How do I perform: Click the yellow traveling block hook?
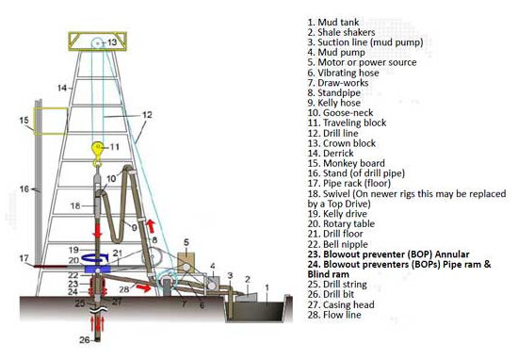(97, 153)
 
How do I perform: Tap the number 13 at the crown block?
(112, 42)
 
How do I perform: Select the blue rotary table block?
(97, 270)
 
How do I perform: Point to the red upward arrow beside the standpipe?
(151, 226)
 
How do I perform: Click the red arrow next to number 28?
(143, 288)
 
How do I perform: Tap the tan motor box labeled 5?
(186, 263)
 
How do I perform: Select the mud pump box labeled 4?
(211, 283)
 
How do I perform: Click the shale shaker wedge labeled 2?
(246, 297)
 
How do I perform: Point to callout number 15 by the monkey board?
(24, 120)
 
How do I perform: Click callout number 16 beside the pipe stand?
(24, 188)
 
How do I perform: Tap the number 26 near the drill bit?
(85, 339)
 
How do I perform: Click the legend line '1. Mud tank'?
(333, 23)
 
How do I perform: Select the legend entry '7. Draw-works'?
(337, 83)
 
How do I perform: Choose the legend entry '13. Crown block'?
(342, 143)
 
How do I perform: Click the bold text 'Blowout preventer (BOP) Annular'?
(397, 254)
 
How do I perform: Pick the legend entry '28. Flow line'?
(334, 315)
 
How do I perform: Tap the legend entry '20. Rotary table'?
(341, 223)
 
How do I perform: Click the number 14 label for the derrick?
(62, 88)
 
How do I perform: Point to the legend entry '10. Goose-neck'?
(340, 113)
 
